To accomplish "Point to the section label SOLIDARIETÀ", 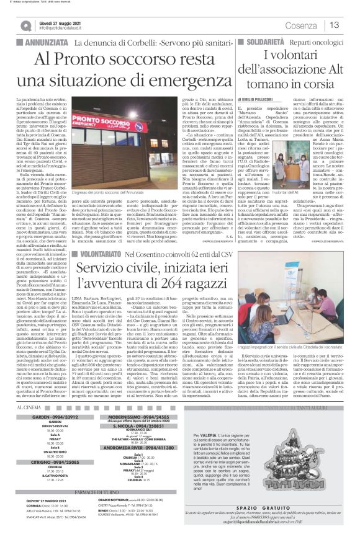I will (256, 43).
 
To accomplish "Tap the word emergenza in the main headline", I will (175, 81).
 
